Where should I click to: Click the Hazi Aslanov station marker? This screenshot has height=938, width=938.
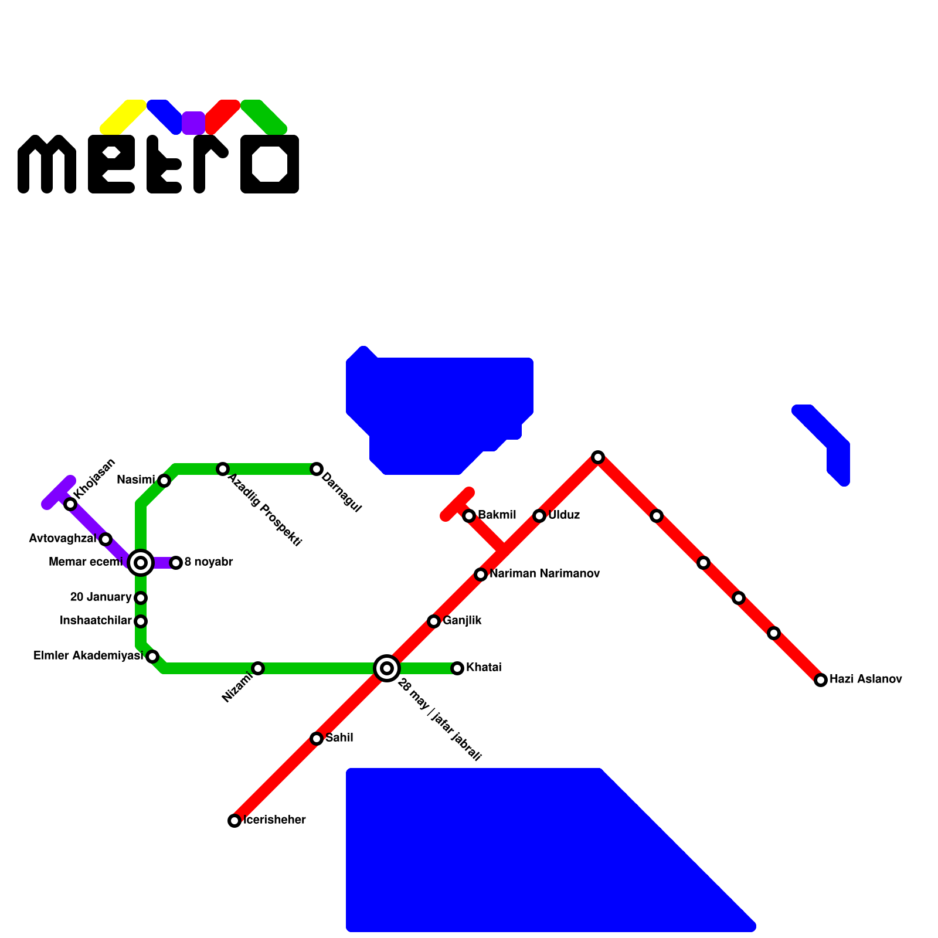click(x=821, y=680)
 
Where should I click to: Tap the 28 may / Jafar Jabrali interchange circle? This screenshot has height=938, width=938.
click(x=387, y=668)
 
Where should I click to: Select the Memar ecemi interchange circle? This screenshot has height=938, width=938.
click(x=141, y=563)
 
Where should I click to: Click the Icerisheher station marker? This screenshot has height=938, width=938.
click(x=235, y=821)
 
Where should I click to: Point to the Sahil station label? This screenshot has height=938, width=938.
click(x=339, y=738)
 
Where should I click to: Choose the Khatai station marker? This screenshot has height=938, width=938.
click(x=457, y=668)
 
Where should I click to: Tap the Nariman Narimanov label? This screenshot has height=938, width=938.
click(x=545, y=573)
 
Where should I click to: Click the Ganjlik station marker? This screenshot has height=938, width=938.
click(x=434, y=621)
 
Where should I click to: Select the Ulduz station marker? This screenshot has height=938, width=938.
click(x=539, y=516)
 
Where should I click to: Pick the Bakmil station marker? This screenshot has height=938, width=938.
click(x=469, y=516)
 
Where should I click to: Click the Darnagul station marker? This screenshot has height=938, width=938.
click(x=317, y=469)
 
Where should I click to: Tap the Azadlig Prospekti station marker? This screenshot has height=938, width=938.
click(x=223, y=469)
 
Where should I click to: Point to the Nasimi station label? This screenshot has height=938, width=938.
click(x=135, y=480)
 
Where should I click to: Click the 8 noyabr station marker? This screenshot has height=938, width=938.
click(x=176, y=563)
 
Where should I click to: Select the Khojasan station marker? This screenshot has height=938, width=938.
click(x=70, y=504)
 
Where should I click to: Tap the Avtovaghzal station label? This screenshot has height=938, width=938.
click(x=62, y=538)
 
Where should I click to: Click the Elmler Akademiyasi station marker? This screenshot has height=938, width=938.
click(x=152, y=657)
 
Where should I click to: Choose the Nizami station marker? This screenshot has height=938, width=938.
click(x=258, y=668)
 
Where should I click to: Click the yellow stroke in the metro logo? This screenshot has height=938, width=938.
click(x=123, y=117)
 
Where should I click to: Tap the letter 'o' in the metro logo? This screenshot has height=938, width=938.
click(x=270, y=164)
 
